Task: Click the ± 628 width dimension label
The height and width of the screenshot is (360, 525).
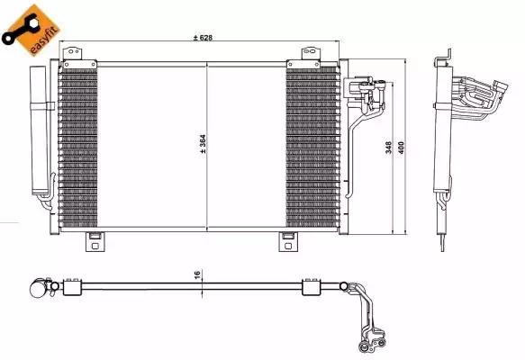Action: point(205,38)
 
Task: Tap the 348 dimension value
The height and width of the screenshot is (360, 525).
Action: point(389,149)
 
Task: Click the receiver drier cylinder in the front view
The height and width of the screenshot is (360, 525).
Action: point(41,130)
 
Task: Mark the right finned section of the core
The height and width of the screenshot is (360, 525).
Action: point(312,148)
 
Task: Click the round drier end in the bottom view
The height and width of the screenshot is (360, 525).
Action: point(38,288)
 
